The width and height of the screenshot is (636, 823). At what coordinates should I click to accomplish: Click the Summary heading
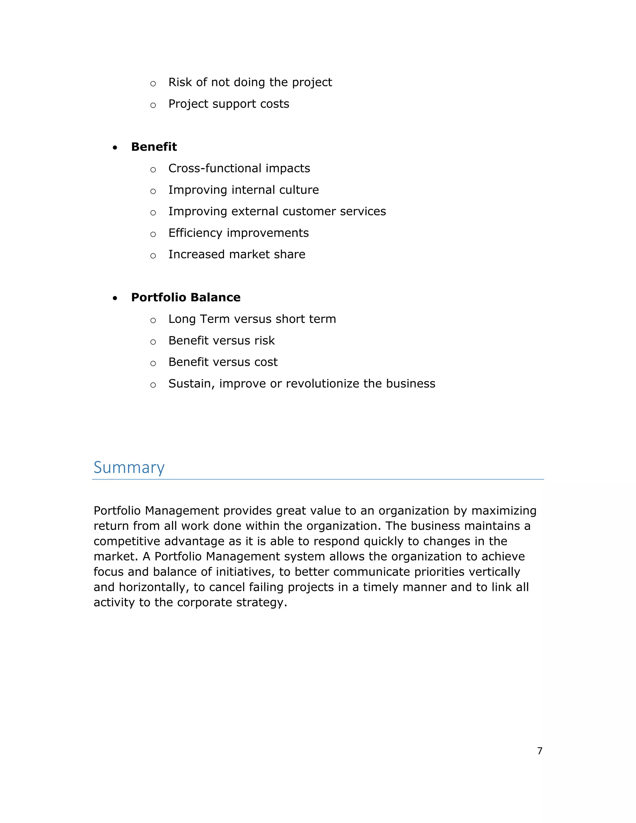[129, 468]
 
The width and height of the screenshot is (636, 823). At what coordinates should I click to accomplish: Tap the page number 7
[539, 751]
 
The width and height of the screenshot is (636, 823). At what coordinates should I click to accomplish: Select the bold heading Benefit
[154, 147]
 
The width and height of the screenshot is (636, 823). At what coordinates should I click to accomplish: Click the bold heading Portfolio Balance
[185, 297]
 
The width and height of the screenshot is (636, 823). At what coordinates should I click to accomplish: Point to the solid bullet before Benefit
[115, 148]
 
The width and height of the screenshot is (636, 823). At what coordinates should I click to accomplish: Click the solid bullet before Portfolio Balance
[115, 298]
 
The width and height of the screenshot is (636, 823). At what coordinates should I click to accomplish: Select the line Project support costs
[228, 104]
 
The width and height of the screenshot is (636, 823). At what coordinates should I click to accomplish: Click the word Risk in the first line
[180, 82]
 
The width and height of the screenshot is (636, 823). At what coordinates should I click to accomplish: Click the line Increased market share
[237, 254]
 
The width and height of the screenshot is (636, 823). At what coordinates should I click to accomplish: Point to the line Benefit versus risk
[221, 340]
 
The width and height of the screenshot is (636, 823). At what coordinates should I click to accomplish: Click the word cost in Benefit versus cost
[266, 362]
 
